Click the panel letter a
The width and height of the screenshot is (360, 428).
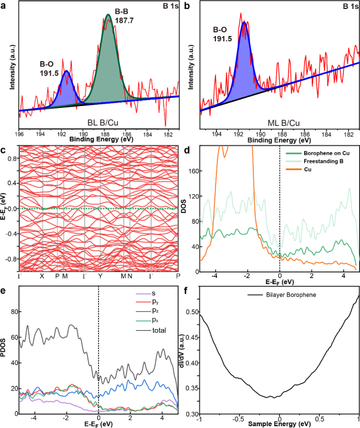[x=4, y=5]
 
